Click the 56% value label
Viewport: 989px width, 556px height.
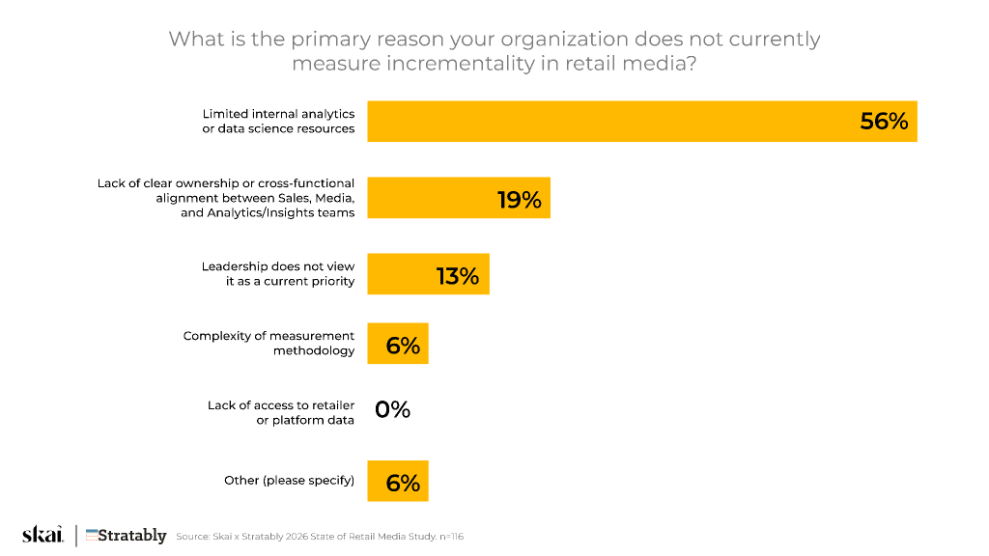884,122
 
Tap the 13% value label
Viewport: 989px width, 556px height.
458,276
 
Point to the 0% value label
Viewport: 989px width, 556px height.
393,410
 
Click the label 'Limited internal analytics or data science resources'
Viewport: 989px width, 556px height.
278,122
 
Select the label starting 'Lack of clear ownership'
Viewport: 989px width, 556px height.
226,198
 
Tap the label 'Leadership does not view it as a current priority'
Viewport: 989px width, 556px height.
278,274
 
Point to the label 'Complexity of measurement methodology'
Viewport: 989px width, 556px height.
269,344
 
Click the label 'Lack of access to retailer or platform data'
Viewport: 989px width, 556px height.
281,412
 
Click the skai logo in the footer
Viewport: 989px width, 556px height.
42,535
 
